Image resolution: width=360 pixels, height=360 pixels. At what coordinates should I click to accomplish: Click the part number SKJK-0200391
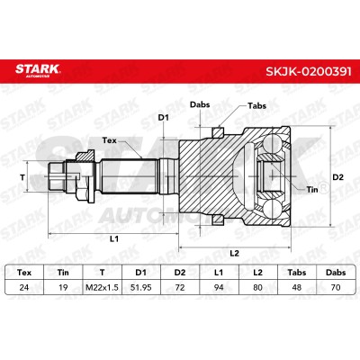pos(309,71)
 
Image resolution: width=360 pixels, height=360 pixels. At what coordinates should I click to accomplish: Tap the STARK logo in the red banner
pos(38,70)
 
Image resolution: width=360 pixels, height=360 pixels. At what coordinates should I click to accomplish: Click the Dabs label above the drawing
pos(200,104)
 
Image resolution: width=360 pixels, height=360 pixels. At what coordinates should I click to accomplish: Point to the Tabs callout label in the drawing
pos(256,105)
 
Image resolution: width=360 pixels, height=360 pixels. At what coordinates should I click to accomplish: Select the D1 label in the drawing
pos(163,118)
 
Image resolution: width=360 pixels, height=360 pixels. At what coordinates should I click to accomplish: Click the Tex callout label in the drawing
pos(110,140)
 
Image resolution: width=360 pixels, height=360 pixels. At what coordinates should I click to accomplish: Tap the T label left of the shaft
pos(22,177)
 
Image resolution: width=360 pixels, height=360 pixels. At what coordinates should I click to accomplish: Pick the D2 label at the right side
pos(338,177)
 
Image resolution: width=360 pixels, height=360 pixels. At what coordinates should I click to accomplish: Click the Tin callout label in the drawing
pos(312,189)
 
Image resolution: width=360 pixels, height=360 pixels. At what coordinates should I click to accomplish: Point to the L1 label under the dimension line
pos(114,238)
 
